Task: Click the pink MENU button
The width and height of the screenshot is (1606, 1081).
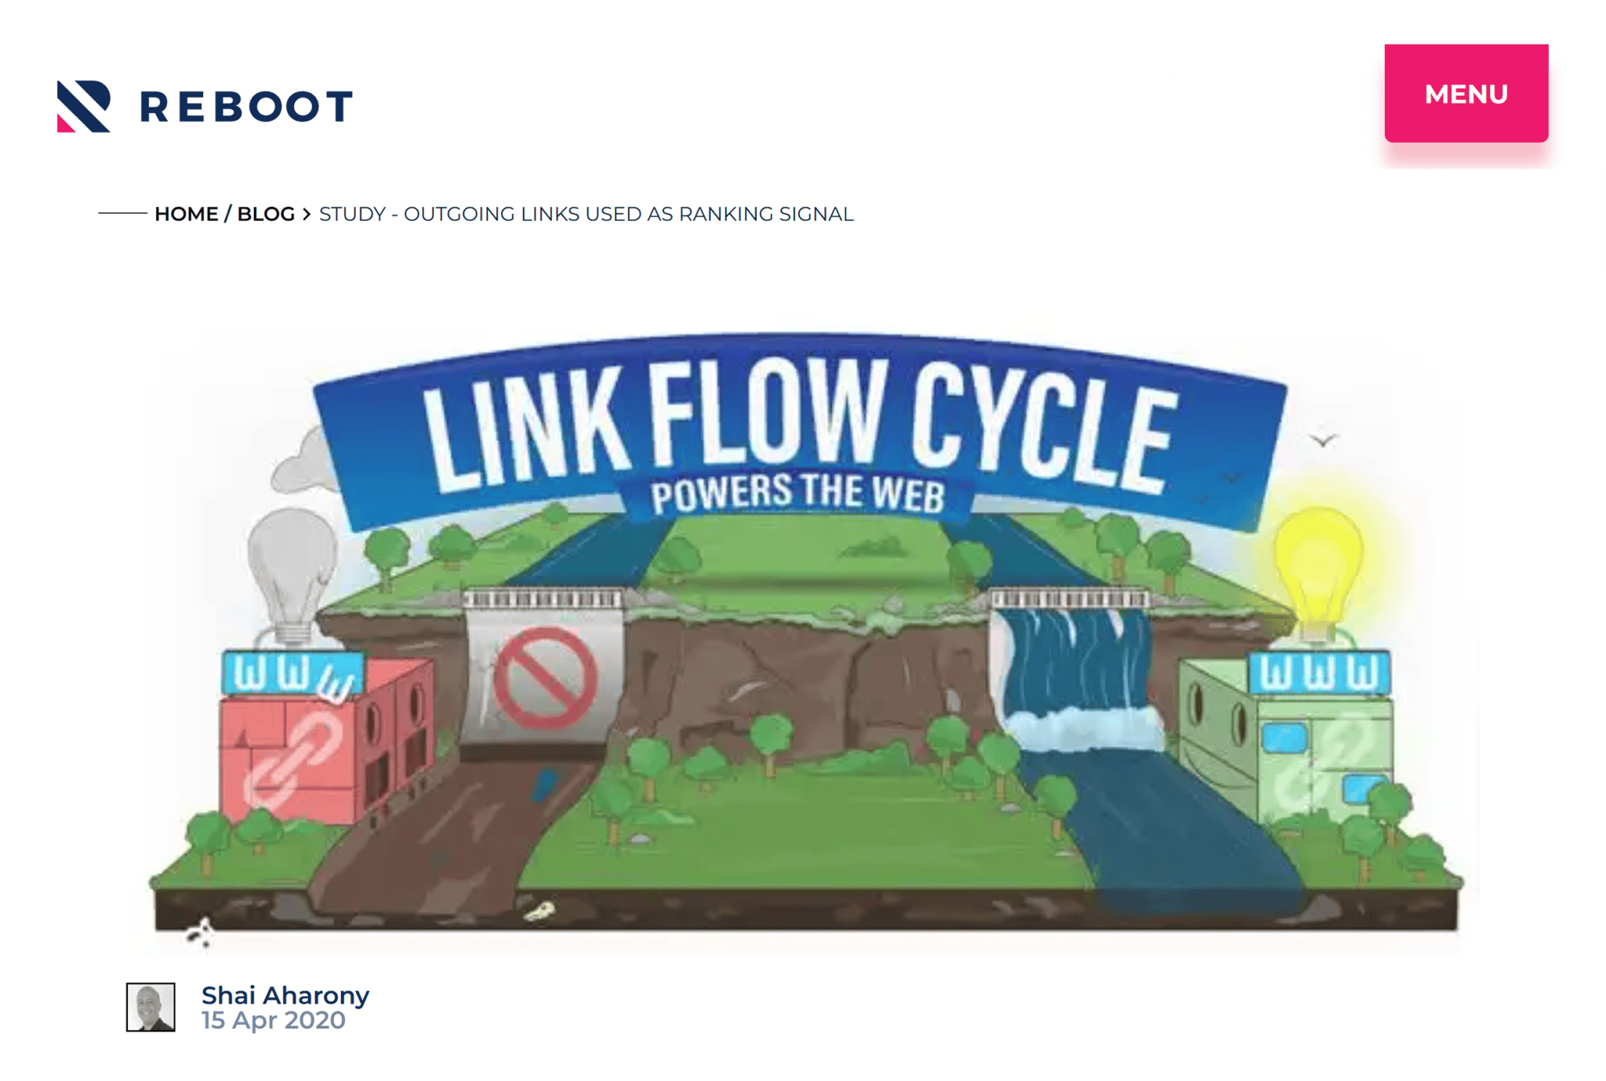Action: pos(1466,93)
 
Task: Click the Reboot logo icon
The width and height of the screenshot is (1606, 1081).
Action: pos(84,107)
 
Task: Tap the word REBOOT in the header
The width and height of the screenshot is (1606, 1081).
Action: pos(246,107)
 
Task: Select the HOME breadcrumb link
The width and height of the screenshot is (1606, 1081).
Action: pos(186,214)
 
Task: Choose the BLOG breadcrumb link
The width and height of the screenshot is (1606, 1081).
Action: pos(266,214)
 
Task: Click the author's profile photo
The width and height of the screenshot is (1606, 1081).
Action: pos(151,1007)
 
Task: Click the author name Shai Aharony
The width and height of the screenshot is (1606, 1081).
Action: pos(285,996)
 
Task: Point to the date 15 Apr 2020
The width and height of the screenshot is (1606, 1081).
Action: pos(273,1021)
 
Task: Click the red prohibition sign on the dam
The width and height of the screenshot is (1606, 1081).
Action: pos(545,677)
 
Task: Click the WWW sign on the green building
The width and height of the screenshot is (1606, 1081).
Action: pos(1320,672)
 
